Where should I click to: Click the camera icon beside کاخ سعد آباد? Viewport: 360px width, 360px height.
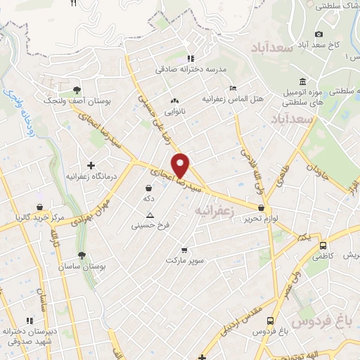click(x=319, y=34)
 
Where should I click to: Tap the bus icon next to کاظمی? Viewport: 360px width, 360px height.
click(x=323, y=246)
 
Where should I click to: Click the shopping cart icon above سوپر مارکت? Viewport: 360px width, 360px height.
click(x=184, y=250)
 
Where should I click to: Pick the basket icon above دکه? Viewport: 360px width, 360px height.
click(x=148, y=188)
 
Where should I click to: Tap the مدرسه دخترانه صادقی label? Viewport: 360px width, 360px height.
click(x=189, y=70)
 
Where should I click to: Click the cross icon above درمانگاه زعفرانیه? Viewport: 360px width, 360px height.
click(x=91, y=165)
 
